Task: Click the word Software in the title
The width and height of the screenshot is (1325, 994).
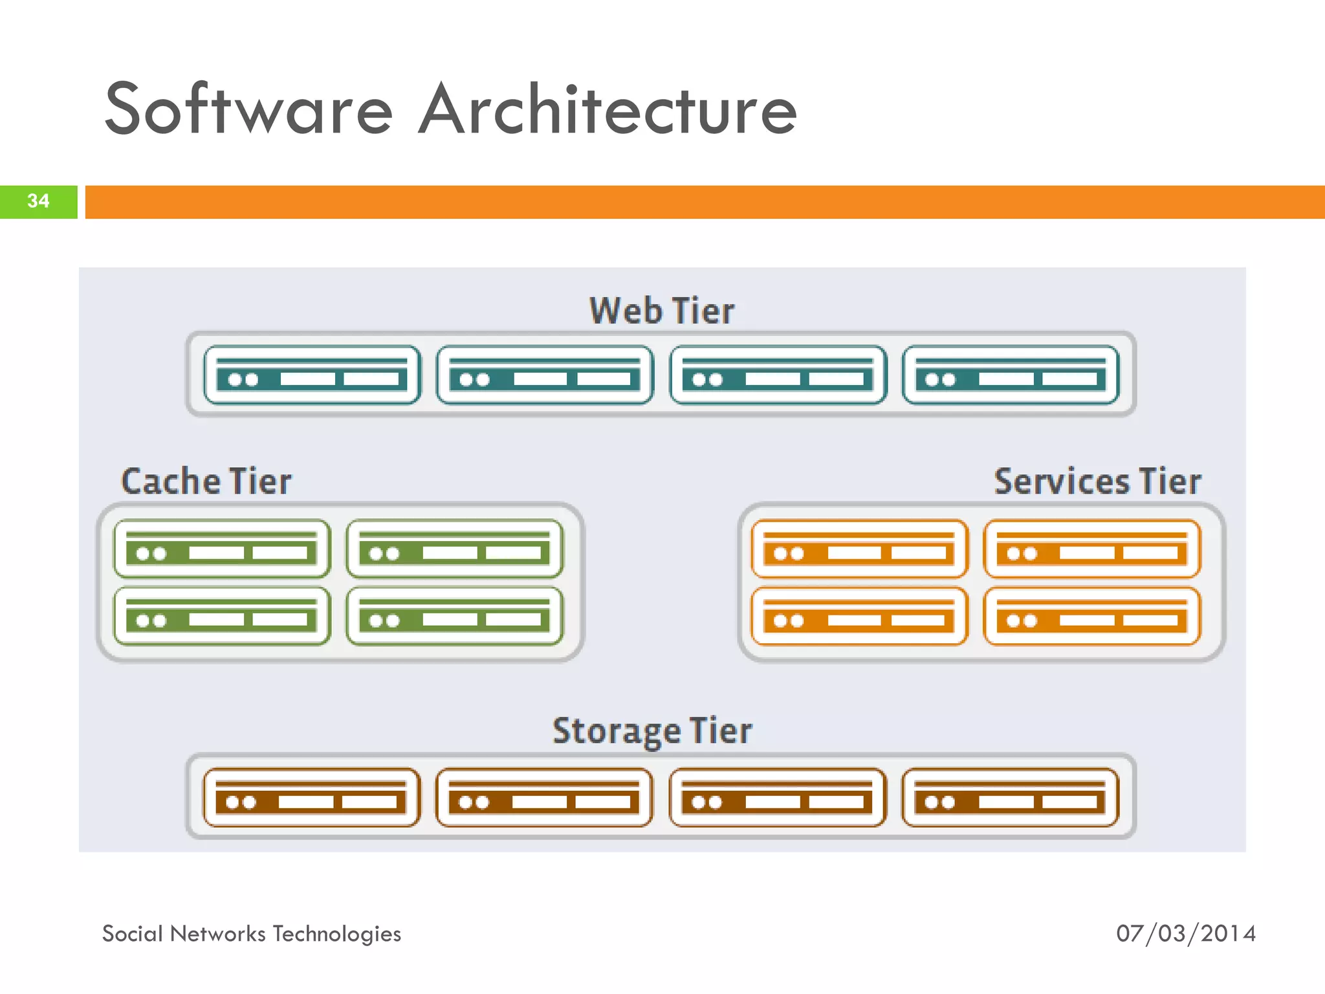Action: coord(248,110)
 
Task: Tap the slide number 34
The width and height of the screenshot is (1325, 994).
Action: coord(38,201)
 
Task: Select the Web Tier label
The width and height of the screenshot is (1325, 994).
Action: coord(661,311)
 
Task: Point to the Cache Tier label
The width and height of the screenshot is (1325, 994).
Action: coord(206,481)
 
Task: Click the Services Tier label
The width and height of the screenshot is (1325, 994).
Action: coord(1097,481)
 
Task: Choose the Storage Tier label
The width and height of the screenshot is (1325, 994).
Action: coord(652,731)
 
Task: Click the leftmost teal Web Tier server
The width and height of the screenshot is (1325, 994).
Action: coord(312,375)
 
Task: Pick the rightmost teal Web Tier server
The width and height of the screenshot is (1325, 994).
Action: coord(1011,375)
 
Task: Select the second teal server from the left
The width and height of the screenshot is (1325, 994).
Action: coord(545,375)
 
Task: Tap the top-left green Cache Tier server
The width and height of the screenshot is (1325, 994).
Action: coord(222,549)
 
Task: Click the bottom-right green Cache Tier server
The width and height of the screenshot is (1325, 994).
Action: coord(454,616)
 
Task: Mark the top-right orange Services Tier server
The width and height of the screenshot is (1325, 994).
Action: coord(1092,549)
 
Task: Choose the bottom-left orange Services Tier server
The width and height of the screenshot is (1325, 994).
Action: coord(859,616)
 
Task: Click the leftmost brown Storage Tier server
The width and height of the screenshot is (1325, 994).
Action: coord(311,798)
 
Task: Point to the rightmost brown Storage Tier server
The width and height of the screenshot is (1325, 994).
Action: coord(1010,798)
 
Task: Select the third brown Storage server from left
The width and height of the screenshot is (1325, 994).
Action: coord(777,798)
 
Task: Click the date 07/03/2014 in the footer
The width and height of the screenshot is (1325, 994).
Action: coord(1185,934)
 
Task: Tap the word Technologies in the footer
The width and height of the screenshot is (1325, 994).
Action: coord(336,934)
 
